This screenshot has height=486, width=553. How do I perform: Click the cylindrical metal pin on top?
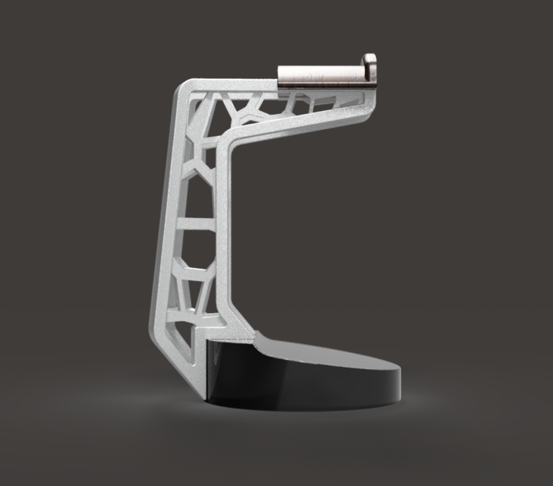(x=319, y=76)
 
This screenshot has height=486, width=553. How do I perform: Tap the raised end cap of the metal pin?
(x=368, y=67)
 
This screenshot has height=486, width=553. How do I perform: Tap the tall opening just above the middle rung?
(x=196, y=190)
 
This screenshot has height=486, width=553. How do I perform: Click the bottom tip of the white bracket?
(x=201, y=396)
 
